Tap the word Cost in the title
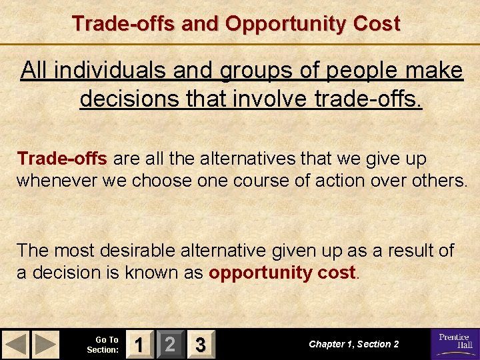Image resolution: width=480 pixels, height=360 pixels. coord(378,23)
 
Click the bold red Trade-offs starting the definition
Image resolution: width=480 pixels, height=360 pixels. coord(62,159)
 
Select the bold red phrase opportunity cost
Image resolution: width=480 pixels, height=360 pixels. coord(283,273)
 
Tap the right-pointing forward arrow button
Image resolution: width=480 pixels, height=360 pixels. coord(45,345)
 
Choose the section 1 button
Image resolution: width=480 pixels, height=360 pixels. coord(138,345)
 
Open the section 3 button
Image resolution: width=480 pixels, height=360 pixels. coord(199,345)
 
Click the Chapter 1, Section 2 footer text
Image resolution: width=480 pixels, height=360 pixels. coord(354,345)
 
